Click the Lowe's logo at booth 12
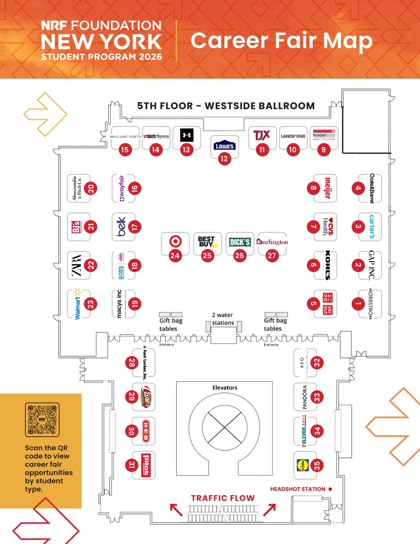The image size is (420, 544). [224, 145]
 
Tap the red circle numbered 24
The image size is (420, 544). [175, 256]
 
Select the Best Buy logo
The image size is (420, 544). [207, 242]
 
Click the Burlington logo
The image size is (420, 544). [272, 242]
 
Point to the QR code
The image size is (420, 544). [42, 419]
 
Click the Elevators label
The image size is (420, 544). [225, 388]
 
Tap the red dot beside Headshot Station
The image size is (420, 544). [330, 489]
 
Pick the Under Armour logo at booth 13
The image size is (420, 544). [187, 135]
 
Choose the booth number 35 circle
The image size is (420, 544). [317, 465]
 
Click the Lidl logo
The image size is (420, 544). [303, 465]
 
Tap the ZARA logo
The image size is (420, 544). [76, 265]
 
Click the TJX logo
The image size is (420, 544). [262, 135]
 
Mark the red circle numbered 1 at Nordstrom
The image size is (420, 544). [358, 304]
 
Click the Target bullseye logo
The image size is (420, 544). [175, 241]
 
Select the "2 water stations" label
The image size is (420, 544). [223, 319]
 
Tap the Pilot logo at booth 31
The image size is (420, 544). [146, 465]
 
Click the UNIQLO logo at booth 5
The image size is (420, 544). [328, 304]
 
